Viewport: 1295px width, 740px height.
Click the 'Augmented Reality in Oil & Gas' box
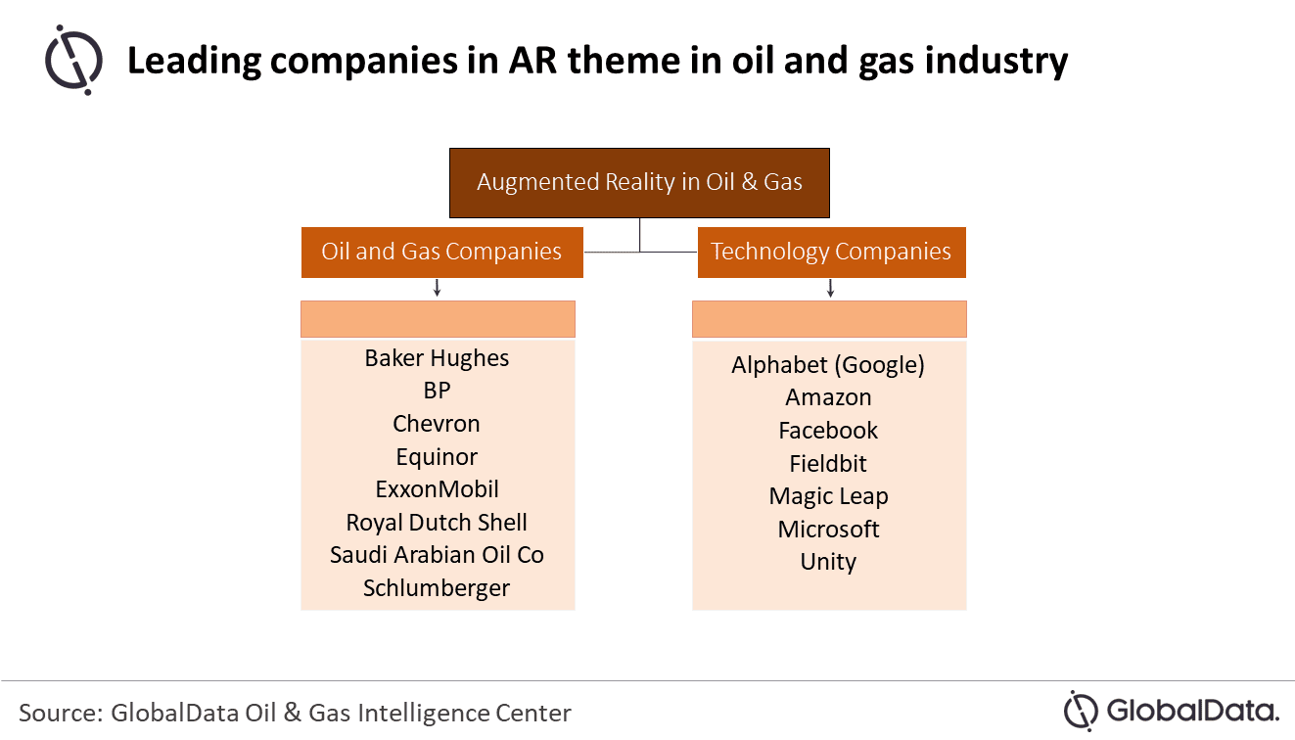[x=639, y=183]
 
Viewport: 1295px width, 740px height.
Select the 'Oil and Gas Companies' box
[x=442, y=253]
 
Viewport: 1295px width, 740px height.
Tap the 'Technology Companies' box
[x=831, y=253]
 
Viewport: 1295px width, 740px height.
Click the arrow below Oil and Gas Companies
[x=438, y=288]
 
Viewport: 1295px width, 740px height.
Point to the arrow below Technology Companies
[x=830, y=288]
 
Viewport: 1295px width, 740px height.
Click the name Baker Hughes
[x=437, y=358]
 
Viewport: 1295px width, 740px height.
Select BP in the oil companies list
[x=437, y=391]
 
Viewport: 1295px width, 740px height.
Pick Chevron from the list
[x=437, y=424]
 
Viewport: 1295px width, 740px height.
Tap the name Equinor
[x=437, y=457]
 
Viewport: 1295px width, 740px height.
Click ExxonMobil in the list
[x=437, y=489]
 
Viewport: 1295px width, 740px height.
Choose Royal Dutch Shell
[x=437, y=523]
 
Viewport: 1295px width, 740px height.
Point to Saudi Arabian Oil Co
[x=437, y=555]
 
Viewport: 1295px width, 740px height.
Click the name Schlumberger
[x=437, y=588]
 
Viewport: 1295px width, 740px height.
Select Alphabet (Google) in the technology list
[x=828, y=365]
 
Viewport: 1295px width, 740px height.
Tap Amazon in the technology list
[x=828, y=397]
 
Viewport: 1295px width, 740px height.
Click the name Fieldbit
[x=828, y=464]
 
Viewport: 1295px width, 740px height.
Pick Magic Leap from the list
[x=828, y=496]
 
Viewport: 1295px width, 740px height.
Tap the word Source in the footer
[x=61, y=713]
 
